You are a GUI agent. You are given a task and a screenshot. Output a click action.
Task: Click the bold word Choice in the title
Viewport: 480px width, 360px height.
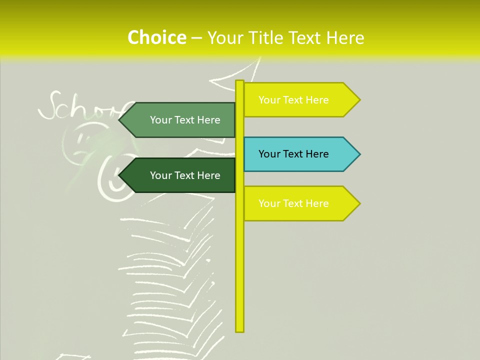pos(156,37)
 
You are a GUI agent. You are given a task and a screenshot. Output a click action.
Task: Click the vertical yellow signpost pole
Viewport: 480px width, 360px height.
pos(239,250)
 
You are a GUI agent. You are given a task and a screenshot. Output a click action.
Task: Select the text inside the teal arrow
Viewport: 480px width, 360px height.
pos(293,154)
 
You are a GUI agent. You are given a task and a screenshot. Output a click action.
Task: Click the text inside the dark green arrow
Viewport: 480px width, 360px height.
pos(185,175)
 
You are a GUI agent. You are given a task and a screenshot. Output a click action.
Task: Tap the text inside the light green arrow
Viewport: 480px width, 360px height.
pos(185,120)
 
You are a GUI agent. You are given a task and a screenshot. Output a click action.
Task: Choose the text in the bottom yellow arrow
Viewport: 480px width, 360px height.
pos(293,203)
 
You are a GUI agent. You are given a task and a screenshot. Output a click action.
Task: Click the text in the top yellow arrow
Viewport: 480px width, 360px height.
pos(293,100)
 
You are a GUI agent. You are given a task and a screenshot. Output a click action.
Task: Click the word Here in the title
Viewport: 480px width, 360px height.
pos(344,37)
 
